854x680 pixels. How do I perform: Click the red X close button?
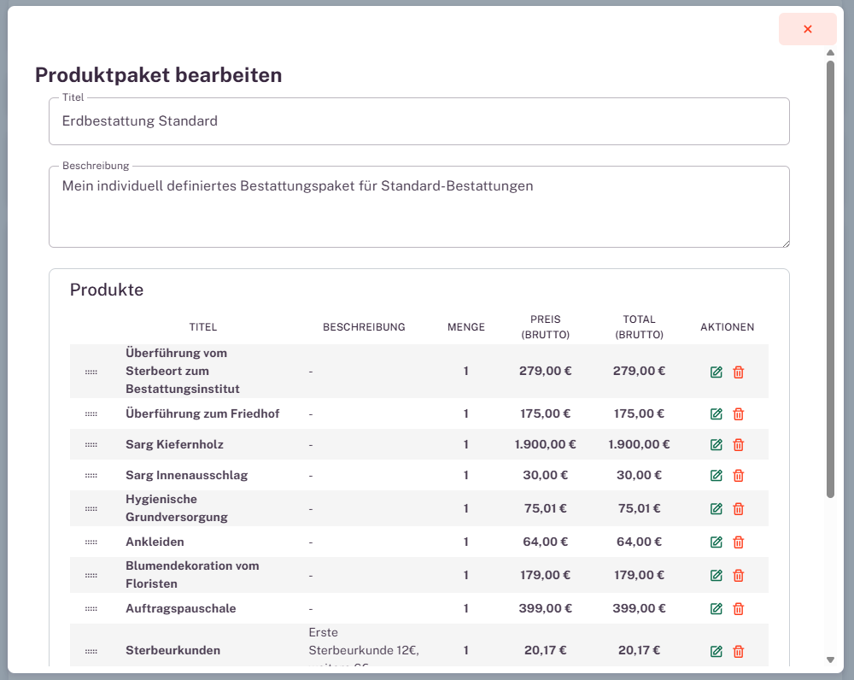click(x=807, y=29)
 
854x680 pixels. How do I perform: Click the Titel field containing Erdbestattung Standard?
click(x=418, y=121)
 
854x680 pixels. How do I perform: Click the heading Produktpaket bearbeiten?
click(x=158, y=75)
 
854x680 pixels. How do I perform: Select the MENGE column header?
click(x=465, y=327)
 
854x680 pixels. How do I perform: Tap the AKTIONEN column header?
click(x=727, y=327)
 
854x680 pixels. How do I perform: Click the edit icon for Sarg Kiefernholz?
click(x=717, y=445)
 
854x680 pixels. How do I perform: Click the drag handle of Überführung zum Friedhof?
click(x=91, y=414)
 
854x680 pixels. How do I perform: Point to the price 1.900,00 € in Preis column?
click(x=545, y=445)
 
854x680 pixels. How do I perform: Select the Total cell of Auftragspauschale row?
click(x=639, y=609)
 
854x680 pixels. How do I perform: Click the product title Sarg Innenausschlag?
click(x=186, y=476)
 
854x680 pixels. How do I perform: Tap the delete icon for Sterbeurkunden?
click(x=739, y=652)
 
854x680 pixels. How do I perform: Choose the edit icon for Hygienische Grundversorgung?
click(x=717, y=509)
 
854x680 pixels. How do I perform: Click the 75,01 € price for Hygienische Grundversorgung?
click(x=545, y=509)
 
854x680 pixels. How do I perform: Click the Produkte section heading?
click(x=107, y=290)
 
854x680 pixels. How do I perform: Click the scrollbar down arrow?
click(x=830, y=659)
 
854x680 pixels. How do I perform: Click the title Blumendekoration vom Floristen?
click(x=192, y=575)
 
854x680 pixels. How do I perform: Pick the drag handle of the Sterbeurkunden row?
click(x=91, y=652)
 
